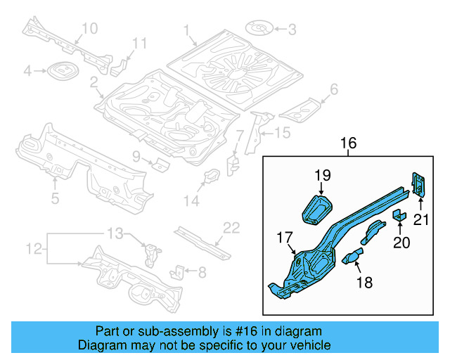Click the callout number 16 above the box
pos(349,143)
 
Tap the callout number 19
pos(323,176)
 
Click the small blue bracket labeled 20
pos(399,214)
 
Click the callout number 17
pos(285,238)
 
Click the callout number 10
pos(90,28)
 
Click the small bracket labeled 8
pos(180,271)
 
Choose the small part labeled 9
pos(161,165)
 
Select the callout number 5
pos(55,198)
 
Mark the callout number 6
pos(334,89)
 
